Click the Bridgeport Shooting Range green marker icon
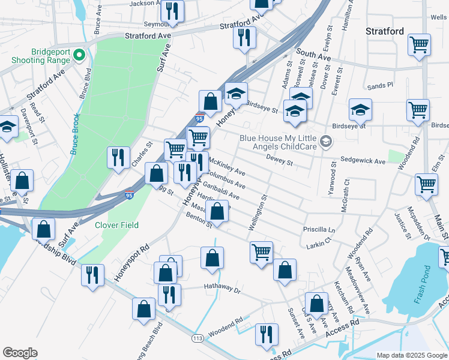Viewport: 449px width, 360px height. [79, 56]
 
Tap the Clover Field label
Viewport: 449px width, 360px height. [116, 226]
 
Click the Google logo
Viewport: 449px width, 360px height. [20, 353]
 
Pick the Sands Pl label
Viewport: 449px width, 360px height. [380, 86]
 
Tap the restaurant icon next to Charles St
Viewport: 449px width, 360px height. [118, 157]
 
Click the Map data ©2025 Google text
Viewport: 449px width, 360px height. [412, 355]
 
